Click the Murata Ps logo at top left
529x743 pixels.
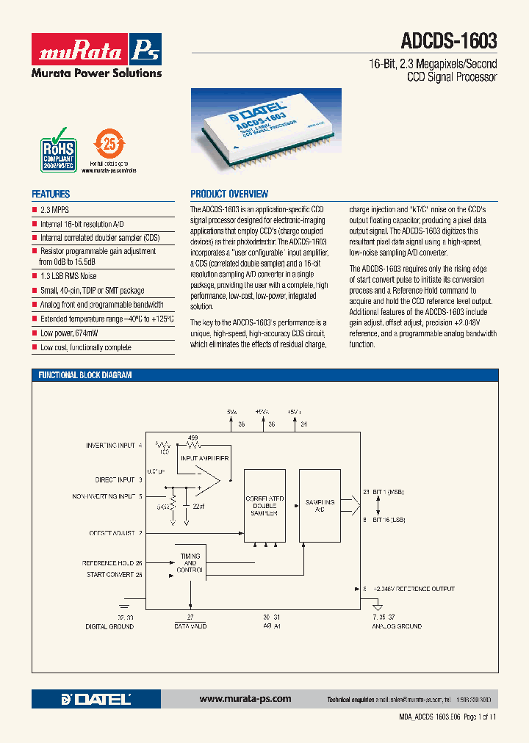tap(96, 49)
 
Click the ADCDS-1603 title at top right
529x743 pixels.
tap(449, 40)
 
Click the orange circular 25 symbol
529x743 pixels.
tap(109, 144)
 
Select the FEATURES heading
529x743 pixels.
tap(51, 195)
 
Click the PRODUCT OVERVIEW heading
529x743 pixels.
tap(229, 195)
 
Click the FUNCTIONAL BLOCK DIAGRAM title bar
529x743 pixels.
tap(85, 375)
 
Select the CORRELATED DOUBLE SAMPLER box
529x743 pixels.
tap(264, 507)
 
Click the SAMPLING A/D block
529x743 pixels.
tap(320, 506)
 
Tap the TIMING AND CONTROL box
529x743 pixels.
tap(190, 563)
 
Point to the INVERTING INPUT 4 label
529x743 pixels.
tap(114, 446)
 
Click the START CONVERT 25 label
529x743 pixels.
tap(114, 575)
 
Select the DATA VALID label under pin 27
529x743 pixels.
tap(190, 626)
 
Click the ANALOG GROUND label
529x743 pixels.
tap(396, 626)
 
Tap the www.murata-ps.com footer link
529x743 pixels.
tap(245, 699)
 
